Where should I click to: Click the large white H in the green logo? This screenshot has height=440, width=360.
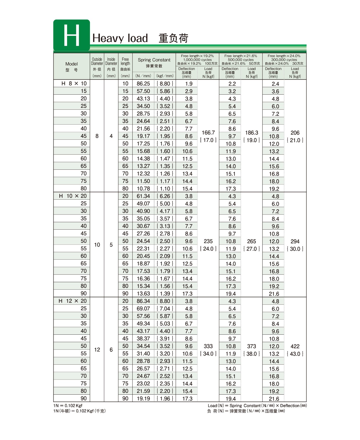coord(72,35)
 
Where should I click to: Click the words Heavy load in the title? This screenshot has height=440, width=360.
coord(120,38)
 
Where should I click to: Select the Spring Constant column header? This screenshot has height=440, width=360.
coord(154,60)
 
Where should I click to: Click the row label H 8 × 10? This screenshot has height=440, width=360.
coord(74,84)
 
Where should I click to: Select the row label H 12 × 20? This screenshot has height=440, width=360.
coord(73,301)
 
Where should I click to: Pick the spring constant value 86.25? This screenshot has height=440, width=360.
coord(143,84)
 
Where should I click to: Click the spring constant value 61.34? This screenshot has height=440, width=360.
coord(143,196)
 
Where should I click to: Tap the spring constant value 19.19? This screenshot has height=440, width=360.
coord(143,398)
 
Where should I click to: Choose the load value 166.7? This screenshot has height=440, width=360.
coord(208,133)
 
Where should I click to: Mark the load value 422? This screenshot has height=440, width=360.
coord(295,346)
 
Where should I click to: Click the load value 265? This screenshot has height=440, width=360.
coord(251,241)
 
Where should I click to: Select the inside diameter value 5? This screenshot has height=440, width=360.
coord(111,245)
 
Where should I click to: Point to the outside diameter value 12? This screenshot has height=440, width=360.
coord(97,350)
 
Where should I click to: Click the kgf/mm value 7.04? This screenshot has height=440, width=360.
coord(165,309)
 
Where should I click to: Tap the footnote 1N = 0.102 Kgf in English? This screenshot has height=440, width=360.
coord(68,406)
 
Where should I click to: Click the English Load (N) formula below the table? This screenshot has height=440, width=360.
coord(257,406)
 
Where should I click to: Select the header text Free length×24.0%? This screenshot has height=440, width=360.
coord(284,56)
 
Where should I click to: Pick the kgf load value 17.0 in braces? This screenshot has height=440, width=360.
coord(208,140)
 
